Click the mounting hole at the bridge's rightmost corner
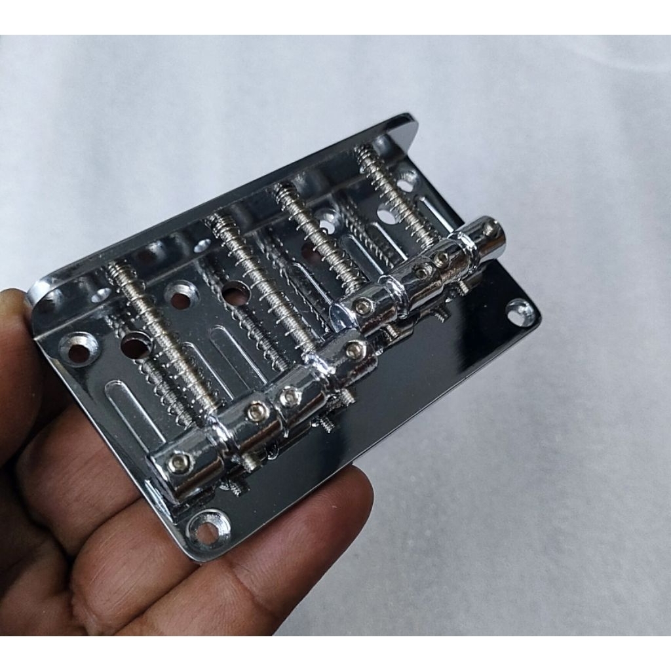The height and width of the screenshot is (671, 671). pos(521,313)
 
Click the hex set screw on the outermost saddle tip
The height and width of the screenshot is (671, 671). pos(489,227)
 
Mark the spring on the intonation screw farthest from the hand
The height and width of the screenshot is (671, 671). pos(393,190)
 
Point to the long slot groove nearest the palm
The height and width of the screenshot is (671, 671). pos(134,410)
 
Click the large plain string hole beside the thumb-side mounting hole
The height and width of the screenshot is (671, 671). pos(136,345)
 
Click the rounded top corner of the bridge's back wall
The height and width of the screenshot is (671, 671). pos(406,122)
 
